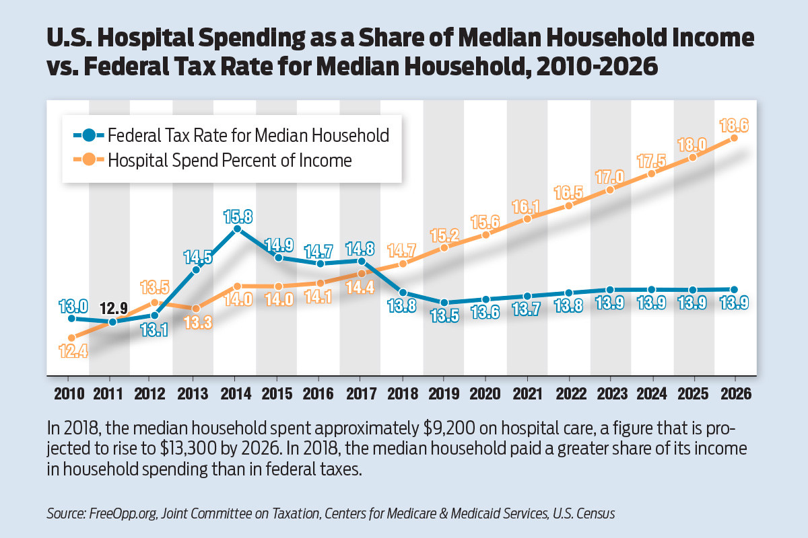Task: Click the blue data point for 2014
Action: coord(237,229)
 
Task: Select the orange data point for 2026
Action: coord(734,138)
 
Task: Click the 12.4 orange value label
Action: coord(71,351)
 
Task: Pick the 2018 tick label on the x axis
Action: coord(403,392)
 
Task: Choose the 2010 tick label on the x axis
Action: coord(71,392)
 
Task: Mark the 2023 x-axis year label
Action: coord(609,392)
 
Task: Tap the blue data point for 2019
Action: coord(444,303)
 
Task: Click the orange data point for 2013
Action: coord(195,309)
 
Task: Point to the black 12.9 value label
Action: coord(112,308)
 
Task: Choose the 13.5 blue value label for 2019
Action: coord(444,315)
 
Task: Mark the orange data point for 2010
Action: coord(71,338)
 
